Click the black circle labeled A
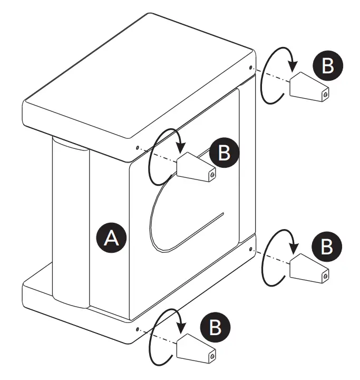click(111, 238)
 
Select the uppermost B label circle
click(327, 65)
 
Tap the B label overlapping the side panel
click(225, 152)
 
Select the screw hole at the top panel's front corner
click(137, 148)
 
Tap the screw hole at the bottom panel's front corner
click(137, 329)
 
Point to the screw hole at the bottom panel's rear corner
click(249, 247)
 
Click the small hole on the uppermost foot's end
click(325, 94)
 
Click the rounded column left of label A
click(70, 222)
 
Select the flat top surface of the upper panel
click(137, 79)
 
